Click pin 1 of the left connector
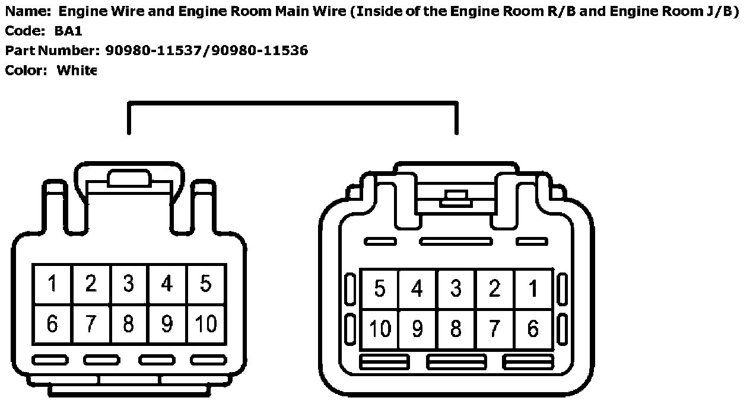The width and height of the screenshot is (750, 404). (52, 284)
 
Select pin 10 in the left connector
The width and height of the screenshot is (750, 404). (205, 324)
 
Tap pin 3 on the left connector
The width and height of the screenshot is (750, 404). (129, 284)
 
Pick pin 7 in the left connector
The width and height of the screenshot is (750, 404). (90, 324)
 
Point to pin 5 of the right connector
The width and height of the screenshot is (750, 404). (380, 289)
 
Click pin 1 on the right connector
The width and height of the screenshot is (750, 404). (533, 289)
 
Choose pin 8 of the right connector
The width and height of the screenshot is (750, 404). (456, 328)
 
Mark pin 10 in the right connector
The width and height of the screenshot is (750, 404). (380, 328)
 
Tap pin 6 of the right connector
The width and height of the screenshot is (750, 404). (533, 328)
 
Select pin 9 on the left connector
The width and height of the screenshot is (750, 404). (167, 324)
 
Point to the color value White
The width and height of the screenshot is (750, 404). (77, 70)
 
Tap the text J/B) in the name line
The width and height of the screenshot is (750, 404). (722, 11)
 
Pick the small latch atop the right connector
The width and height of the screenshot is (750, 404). (456, 198)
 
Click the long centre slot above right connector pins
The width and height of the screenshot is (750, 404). (456, 241)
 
